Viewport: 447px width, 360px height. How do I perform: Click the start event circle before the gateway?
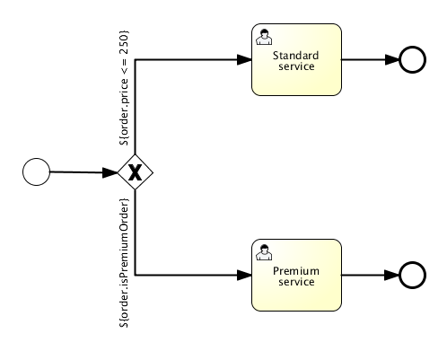tap(36, 171)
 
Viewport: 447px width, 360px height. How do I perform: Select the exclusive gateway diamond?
tap(135, 171)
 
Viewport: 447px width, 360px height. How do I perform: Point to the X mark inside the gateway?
tap(135, 172)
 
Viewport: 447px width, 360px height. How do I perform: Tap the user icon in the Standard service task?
tap(265, 37)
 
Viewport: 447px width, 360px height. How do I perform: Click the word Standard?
tap(296, 56)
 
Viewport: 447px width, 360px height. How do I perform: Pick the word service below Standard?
tap(296, 66)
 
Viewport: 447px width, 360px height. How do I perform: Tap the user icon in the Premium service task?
tap(265, 252)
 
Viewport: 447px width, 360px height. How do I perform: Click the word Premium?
tap(296, 271)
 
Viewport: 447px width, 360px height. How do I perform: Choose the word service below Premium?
tap(296, 282)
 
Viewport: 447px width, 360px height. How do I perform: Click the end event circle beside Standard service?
tap(412, 60)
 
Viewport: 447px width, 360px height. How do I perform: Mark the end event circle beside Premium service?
tap(412, 276)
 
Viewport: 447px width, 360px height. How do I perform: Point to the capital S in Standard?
tap(275, 56)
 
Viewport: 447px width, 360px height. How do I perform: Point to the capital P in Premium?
tap(276, 271)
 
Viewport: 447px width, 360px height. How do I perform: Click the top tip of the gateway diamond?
tap(135, 154)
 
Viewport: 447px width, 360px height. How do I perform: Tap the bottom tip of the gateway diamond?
tap(135, 189)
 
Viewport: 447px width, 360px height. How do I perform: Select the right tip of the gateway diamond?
tap(153, 171)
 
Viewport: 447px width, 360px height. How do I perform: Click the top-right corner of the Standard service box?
tap(339, 26)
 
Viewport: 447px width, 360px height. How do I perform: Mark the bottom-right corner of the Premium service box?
tap(339, 309)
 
